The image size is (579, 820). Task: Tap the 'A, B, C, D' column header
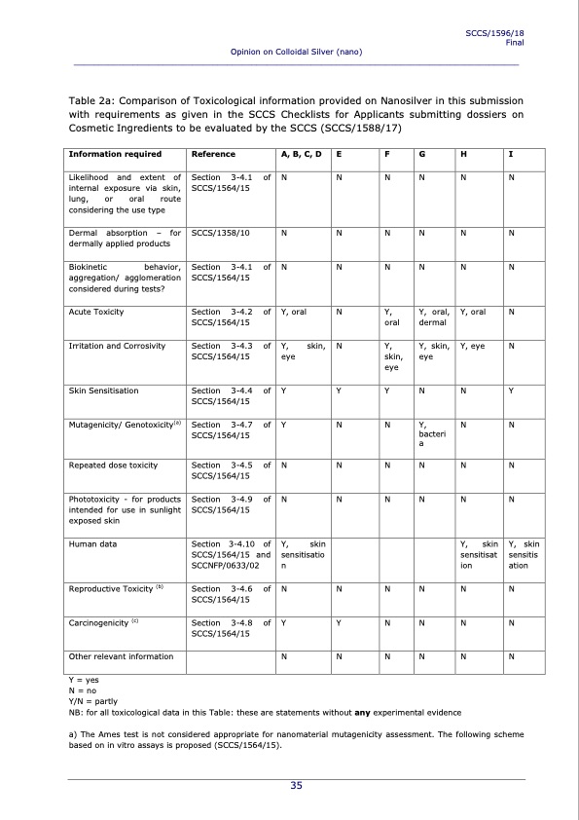[x=301, y=154]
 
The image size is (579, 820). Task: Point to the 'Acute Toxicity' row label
[x=96, y=312]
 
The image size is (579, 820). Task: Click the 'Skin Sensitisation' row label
[x=104, y=391]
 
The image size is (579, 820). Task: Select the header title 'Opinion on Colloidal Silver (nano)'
[x=296, y=51]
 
